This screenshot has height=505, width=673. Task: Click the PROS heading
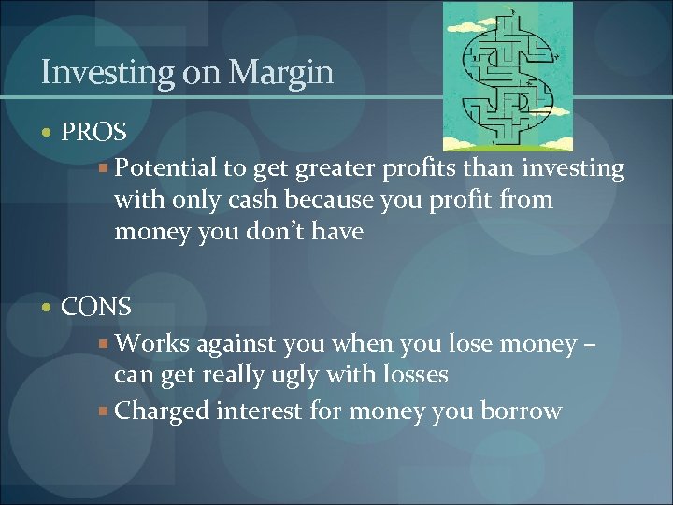coord(93,132)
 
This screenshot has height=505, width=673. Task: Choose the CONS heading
coord(96,307)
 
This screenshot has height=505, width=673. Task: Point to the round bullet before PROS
coord(49,133)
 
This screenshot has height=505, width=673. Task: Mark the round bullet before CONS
coord(49,308)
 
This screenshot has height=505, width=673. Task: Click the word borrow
coord(519,411)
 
